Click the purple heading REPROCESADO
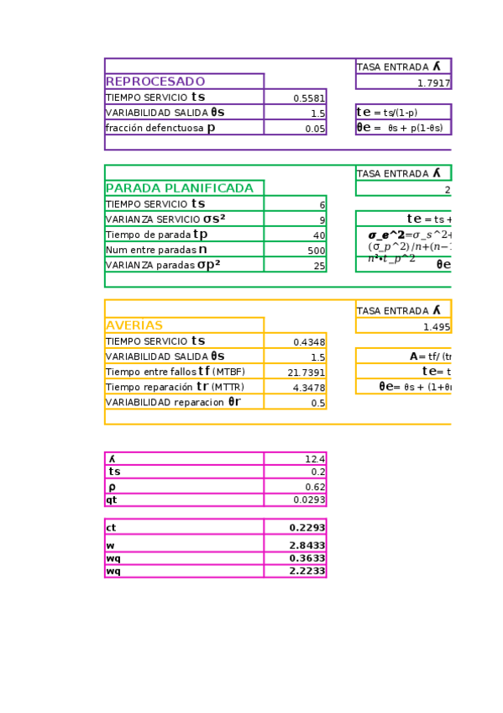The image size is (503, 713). click(155, 82)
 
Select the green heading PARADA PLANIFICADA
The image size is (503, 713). click(180, 188)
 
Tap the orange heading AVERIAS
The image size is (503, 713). click(134, 325)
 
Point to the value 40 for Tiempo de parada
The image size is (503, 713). click(318, 235)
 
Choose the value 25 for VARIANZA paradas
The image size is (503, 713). click(318, 266)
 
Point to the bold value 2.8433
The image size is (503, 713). click(307, 546)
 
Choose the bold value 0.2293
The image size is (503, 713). click(307, 527)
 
